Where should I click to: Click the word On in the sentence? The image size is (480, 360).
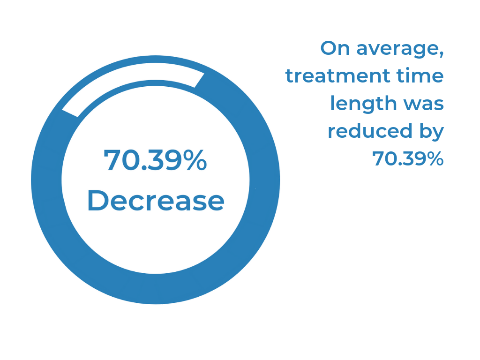coord(335,48)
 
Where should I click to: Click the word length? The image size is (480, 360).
coord(363,104)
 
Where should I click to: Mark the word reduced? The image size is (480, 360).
coord(370,131)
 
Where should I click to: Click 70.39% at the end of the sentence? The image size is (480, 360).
coord(408,158)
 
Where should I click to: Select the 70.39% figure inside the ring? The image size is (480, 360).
coord(155,160)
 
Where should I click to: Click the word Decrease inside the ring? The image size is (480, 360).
coord(156,200)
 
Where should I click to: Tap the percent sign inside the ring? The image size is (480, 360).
coord(196,160)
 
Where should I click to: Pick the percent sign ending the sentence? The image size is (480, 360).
coord(434,158)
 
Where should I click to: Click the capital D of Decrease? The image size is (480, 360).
coord(97,200)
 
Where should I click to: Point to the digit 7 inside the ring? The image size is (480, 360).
coord(112,160)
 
